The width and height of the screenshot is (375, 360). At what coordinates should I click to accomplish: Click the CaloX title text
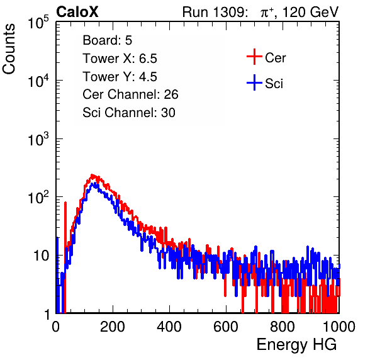click(77, 12)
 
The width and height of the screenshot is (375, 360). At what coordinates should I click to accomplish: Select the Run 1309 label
click(215, 12)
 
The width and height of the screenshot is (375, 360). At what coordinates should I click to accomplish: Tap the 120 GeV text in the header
click(310, 12)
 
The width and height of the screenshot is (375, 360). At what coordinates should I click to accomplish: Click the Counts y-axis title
click(9, 49)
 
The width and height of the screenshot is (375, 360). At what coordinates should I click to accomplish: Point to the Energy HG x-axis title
click(296, 344)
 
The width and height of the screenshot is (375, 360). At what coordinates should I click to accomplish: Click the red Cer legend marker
click(254, 57)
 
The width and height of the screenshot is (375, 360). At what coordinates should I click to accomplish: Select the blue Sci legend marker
click(254, 82)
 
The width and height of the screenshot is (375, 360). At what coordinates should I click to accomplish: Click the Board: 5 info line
click(108, 40)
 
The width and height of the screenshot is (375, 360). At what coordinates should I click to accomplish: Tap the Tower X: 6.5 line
click(120, 59)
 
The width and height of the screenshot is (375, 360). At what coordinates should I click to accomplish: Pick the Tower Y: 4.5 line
click(120, 77)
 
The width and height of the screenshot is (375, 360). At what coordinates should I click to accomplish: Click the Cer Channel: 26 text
click(130, 94)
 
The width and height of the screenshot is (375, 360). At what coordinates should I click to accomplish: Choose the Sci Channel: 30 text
click(129, 113)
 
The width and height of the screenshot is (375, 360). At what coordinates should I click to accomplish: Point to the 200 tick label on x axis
click(113, 327)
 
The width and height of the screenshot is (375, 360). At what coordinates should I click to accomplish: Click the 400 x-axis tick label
click(169, 327)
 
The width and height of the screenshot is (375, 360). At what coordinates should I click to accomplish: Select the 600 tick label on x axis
click(226, 327)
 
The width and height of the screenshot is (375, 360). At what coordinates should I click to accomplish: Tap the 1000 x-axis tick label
click(339, 327)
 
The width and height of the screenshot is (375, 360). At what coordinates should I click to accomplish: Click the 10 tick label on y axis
click(41, 256)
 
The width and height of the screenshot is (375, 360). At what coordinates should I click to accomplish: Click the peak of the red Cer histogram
click(92, 175)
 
